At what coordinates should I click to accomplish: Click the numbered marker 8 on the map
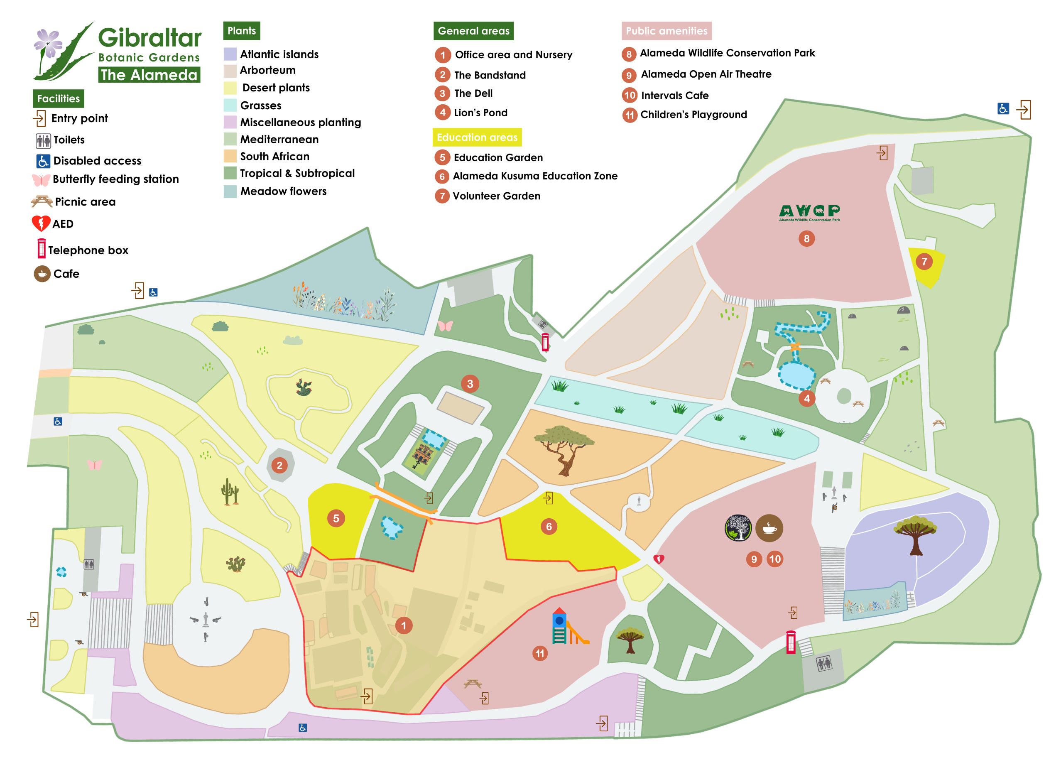[x=806, y=239]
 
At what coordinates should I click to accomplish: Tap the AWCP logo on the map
[x=809, y=213]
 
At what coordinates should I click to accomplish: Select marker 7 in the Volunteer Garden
[x=924, y=262]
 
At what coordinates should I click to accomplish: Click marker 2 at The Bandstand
[x=279, y=465]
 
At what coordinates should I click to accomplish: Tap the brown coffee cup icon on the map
[x=769, y=528]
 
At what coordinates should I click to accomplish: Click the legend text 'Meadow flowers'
[x=283, y=191]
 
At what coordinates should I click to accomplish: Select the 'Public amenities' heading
[x=666, y=31]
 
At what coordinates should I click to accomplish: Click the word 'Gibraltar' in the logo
[x=149, y=37]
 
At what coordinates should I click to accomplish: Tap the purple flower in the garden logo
[x=48, y=43]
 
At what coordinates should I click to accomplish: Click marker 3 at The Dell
[x=470, y=384]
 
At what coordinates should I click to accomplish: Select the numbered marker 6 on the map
[x=549, y=527]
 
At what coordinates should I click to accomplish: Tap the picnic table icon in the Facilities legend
[x=42, y=202]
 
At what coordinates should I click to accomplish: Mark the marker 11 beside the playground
[x=540, y=653]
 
